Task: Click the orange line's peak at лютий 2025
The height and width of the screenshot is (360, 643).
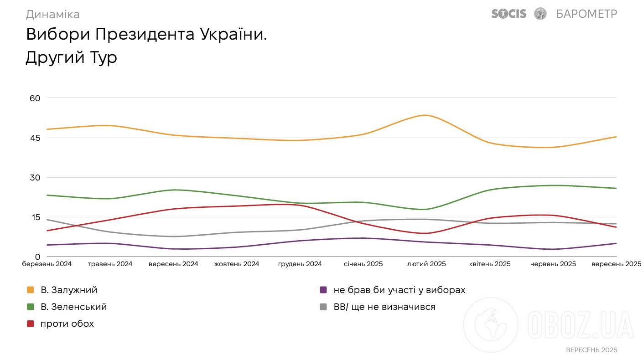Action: point(425,115)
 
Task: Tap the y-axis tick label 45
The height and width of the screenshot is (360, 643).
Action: point(35,138)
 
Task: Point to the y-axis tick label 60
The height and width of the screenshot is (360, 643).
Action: point(35,98)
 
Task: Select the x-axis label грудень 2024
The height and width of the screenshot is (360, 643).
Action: point(300,264)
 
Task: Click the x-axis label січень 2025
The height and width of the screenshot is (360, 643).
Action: point(363,264)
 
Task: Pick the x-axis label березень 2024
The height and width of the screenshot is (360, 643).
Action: point(47,264)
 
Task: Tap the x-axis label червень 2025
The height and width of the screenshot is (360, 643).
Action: point(553,264)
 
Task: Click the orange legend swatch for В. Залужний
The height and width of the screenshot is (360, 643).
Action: point(31,290)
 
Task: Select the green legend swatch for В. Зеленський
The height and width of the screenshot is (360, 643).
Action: point(31,307)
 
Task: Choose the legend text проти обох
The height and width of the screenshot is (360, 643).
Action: point(67,324)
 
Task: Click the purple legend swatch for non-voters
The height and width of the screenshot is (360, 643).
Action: point(323,290)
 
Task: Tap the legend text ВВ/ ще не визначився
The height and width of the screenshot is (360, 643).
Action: point(384,307)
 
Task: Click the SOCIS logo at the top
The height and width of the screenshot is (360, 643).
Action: point(508,14)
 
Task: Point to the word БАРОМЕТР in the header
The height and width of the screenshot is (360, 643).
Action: point(586,14)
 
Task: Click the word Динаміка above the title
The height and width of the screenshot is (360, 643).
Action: point(52,15)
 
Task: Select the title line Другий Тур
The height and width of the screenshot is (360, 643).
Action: point(71,58)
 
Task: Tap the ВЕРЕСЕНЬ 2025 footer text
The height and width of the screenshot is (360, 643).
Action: point(591,350)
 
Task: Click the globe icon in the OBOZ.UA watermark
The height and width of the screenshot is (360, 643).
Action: point(491,325)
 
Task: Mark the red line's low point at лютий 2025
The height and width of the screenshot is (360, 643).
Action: point(425,233)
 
